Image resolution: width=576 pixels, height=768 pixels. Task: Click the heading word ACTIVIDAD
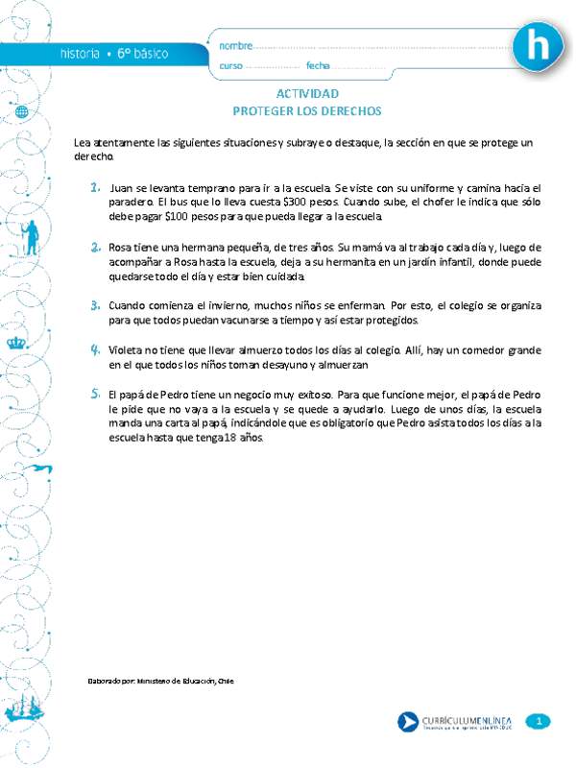click(x=307, y=94)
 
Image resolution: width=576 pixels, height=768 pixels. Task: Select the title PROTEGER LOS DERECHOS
click(x=307, y=110)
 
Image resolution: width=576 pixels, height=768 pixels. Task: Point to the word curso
click(x=231, y=65)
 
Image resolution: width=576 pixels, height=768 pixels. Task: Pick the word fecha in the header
click(x=318, y=65)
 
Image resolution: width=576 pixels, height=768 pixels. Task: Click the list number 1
click(x=96, y=187)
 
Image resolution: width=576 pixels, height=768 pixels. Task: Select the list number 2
click(x=96, y=247)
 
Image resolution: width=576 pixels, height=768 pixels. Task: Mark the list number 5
click(x=96, y=394)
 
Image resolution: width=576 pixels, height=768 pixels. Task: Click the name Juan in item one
click(x=122, y=188)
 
